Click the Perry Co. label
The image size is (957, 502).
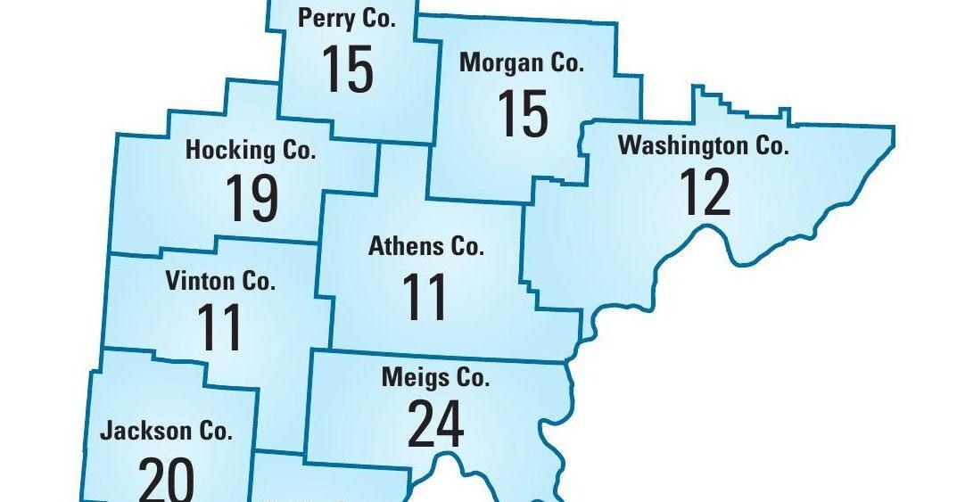[x=347, y=20]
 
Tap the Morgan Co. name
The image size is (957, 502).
[x=522, y=63]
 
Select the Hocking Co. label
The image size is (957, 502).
[x=251, y=150]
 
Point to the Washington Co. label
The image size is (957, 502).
[x=704, y=145]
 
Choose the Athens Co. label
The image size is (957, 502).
[x=425, y=247]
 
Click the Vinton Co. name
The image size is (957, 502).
[x=220, y=282]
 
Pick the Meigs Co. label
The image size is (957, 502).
[x=435, y=378]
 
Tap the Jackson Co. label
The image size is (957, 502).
[x=167, y=432]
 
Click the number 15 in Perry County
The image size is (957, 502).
[x=347, y=69]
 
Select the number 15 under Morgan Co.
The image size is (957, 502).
[x=522, y=113]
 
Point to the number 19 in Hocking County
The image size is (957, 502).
[x=252, y=197]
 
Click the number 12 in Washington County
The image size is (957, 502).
[x=705, y=192]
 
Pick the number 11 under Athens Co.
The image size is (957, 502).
[x=425, y=297]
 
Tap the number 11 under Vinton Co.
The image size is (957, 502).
[x=220, y=328]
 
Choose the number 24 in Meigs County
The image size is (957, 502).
[x=435, y=424]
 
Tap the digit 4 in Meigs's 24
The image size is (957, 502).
[x=450, y=424]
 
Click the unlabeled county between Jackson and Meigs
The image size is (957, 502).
[x=330, y=481]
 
